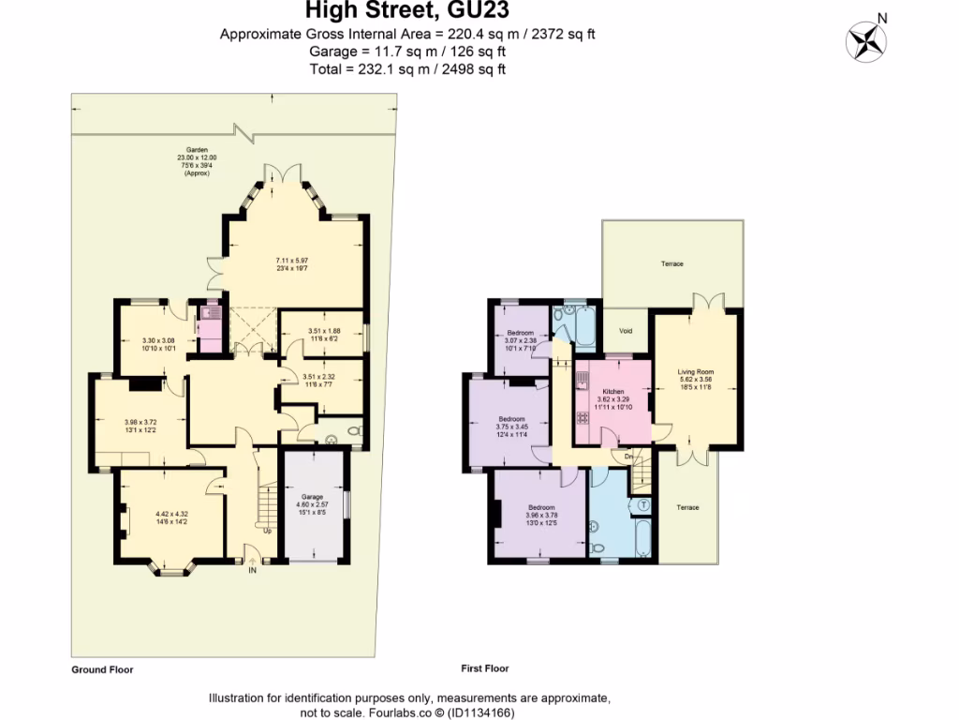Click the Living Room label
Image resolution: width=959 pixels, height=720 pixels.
(x=695, y=372)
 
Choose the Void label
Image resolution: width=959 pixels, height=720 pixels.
(x=626, y=332)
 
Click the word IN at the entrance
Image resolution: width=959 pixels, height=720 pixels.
(x=252, y=569)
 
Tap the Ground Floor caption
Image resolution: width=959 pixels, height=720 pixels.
(x=102, y=670)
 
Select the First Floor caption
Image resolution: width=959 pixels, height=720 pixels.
(x=485, y=668)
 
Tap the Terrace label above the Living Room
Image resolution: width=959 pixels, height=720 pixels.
(x=672, y=264)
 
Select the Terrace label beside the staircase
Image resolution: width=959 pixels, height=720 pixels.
(x=687, y=507)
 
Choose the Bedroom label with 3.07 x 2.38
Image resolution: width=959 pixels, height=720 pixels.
(x=521, y=333)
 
